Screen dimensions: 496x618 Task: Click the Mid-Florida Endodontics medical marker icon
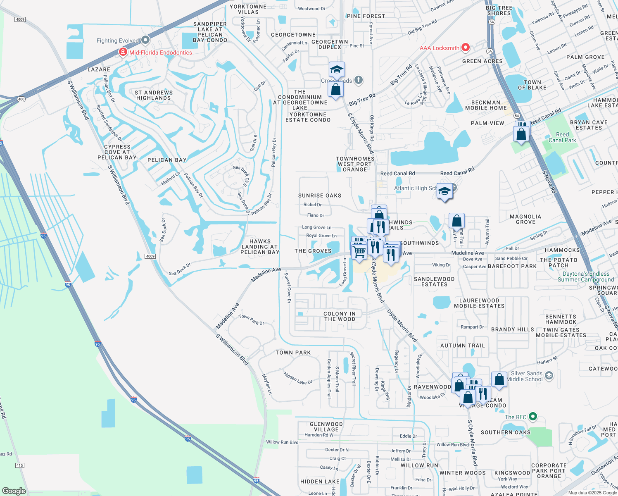coord(123,52)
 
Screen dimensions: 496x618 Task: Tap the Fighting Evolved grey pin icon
coord(145,40)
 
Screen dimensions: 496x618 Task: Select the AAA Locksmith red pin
coord(466,48)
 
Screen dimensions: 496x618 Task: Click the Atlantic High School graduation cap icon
coord(444,191)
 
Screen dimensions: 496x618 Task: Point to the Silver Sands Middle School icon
coord(549,375)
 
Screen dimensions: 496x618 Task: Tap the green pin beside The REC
coord(533,417)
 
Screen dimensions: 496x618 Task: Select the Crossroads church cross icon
coord(359,80)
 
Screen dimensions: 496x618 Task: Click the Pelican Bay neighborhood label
coord(167,160)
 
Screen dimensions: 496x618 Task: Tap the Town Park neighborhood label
coord(293,353)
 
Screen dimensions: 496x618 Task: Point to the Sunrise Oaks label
coord(320,196)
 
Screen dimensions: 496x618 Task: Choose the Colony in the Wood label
coord(340,316)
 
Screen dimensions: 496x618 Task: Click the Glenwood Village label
coord(326,427)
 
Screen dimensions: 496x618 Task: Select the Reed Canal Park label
coord(562,137)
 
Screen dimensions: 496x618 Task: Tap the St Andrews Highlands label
coord(154,95)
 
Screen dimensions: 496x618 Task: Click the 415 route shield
coord(19,465)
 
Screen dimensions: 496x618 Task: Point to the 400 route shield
coord(21,99)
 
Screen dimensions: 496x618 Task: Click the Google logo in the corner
coord(14,491)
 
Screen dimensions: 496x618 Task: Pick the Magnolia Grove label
coord(525,219)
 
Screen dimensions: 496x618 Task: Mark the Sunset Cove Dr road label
coord(288,288)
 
